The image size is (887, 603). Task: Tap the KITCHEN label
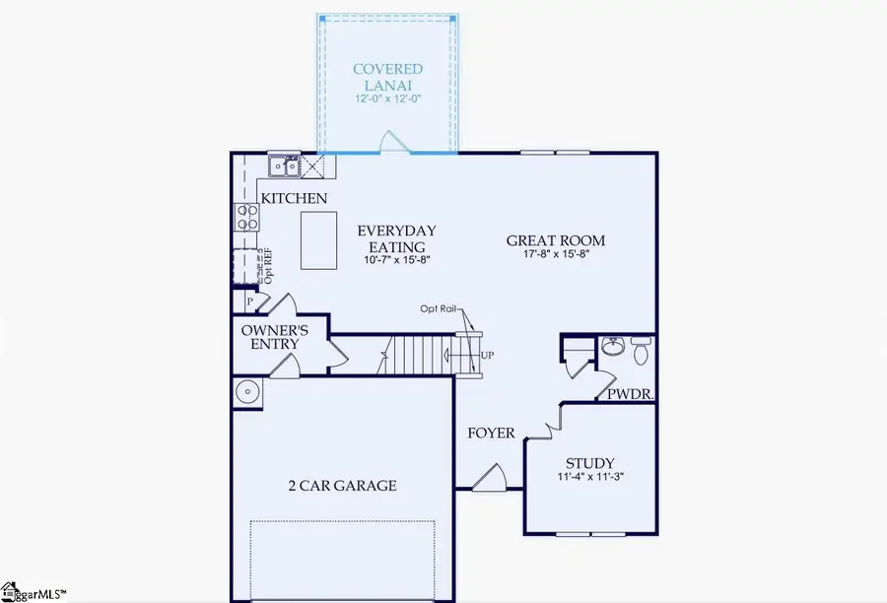click(294, 199)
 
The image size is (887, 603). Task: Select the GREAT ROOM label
click(556, 240)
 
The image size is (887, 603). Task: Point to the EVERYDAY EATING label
click(396, 238)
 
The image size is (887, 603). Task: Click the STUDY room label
click(589, 463)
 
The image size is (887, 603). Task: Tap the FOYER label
click(491, 433)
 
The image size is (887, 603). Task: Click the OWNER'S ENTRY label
click(275, 338)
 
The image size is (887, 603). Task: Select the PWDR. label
click(634, 392)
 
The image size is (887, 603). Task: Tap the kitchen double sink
click(286, 167)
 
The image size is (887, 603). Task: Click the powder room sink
click(612, 347)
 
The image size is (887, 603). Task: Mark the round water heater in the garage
click(247, 393)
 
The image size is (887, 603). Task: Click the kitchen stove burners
click(244, 216)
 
